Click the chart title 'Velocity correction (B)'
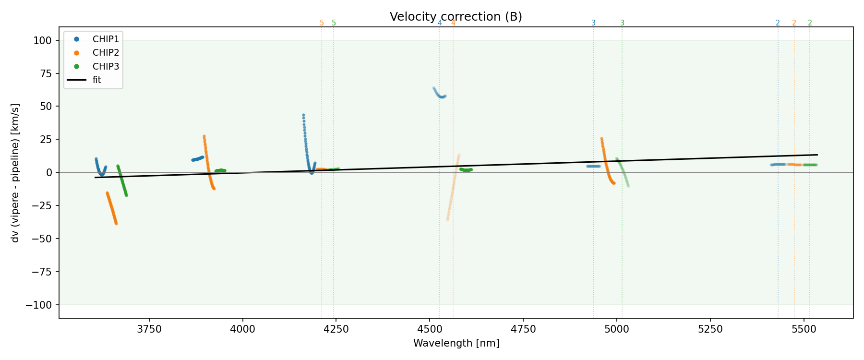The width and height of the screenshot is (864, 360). [456, 17]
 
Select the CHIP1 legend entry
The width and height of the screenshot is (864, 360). [106, 39]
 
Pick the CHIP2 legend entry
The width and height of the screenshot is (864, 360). [106, 53]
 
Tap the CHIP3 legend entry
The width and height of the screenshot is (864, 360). [106, 66]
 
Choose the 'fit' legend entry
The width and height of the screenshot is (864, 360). [97, 80]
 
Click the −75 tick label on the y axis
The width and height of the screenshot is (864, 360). [41, 272]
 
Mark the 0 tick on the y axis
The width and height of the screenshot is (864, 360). [48, 172]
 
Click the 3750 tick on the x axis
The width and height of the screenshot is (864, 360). [149, 329]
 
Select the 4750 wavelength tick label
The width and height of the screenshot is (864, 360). [523, 329]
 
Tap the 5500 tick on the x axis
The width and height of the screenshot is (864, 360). [804, 329]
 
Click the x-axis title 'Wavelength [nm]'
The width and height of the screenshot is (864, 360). [456, 343]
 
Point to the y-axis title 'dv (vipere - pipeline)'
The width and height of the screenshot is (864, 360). [15, 173]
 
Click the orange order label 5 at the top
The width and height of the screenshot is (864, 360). [322, 23]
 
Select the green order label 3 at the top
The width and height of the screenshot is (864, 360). [622, 23]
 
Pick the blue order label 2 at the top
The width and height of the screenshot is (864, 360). [778, 23]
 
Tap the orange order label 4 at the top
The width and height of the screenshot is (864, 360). [453, 23]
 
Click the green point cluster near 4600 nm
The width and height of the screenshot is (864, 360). [466, 169]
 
